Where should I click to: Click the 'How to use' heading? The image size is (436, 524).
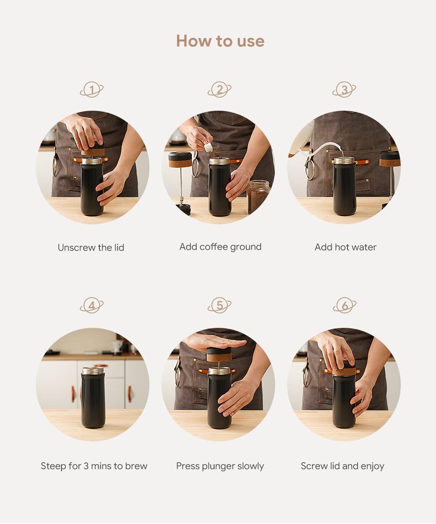(220, 41)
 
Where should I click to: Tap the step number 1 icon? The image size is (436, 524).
(92, 89)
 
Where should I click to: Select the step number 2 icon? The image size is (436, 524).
(219, 89)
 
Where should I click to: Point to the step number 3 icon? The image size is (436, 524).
(344, 89)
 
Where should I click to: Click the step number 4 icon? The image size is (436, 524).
(92, 305)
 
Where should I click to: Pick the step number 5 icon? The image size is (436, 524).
(219, 305)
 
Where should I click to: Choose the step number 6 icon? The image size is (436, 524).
(344, 305)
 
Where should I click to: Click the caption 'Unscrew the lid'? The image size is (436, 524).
(91, 248)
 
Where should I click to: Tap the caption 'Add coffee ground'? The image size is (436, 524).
(220, 247)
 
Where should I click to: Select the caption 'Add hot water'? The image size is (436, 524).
(346, 248)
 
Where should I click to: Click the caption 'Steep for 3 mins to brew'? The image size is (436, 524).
(94, 466)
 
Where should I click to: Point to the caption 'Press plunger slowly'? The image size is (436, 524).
(220, 466)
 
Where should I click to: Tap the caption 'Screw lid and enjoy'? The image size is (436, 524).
(342, 466)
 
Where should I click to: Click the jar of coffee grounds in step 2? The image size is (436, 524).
(259, 197)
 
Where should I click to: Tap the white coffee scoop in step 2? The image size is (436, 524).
(208, 147)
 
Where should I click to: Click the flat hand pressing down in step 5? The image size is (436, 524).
(216, 342)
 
